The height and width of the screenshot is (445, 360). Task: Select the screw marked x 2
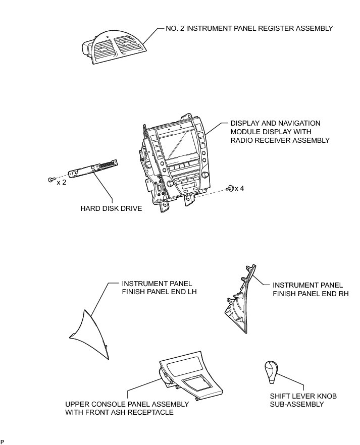tap(51, 180)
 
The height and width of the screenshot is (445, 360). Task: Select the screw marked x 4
tap(230, 189)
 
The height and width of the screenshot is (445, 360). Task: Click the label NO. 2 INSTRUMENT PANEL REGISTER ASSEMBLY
tap(249, 28)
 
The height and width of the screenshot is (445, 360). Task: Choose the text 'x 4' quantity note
tap(240, 188)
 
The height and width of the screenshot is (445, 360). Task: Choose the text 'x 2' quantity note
tap(62, 182)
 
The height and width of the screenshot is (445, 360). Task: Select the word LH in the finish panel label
tap(186, 292)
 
